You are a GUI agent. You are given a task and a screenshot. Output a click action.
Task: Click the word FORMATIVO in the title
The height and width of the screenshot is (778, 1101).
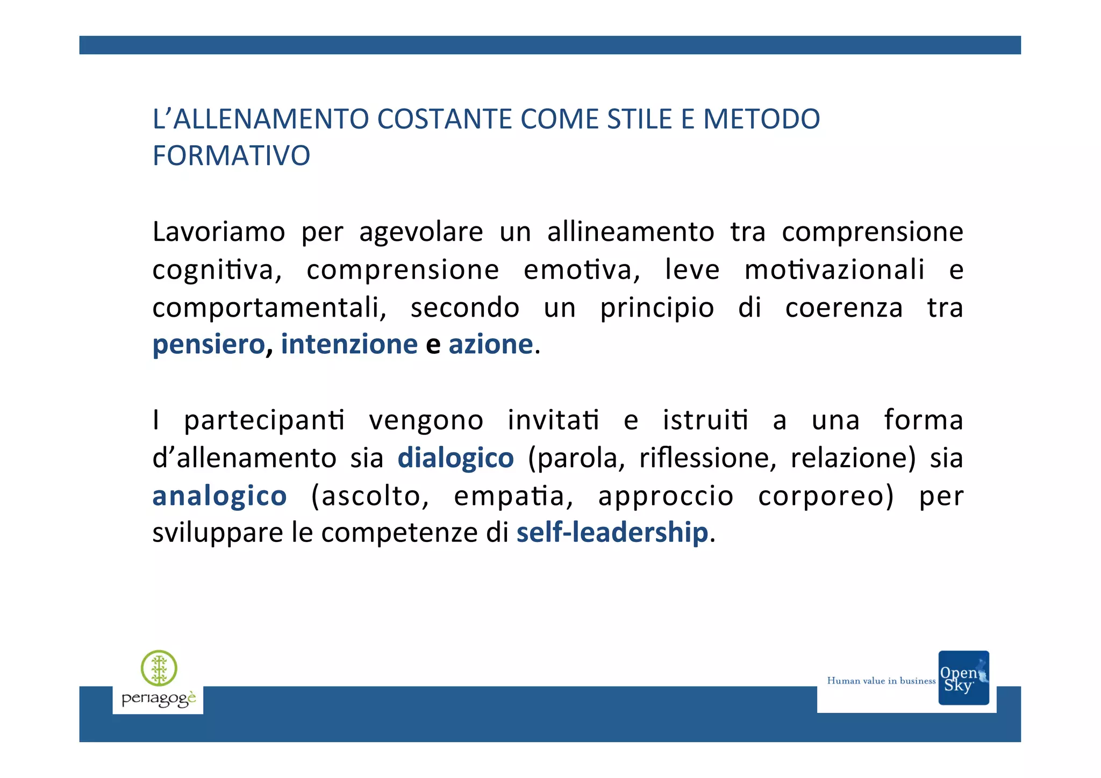(231, 156)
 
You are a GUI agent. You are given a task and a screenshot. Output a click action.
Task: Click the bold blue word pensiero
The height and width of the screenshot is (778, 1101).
(209, 345)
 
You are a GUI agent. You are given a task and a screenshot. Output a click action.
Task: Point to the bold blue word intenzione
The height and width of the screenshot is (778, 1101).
(349, 344)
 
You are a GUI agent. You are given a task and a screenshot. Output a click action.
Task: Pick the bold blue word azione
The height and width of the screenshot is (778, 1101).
(490, 344)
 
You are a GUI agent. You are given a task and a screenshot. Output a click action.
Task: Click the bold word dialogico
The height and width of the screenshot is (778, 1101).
(455, 458)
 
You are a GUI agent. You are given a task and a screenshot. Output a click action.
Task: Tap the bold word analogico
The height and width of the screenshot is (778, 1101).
(219, 496)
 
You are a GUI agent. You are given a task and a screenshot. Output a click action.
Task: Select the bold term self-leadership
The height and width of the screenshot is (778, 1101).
(612, 532)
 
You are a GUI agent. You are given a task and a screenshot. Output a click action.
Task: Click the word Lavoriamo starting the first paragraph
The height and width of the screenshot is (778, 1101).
(218, 232)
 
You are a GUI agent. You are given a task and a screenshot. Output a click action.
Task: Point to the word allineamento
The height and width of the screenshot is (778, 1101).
(630, 232)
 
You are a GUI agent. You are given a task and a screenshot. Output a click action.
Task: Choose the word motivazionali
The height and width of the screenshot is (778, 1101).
(834, 270)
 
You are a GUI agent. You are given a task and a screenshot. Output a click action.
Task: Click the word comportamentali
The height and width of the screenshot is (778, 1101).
(269, 308)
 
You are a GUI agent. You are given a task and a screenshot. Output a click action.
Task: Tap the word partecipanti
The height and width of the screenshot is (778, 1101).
(264, 421)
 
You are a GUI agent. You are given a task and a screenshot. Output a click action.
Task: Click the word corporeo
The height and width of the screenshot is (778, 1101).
(825, 496)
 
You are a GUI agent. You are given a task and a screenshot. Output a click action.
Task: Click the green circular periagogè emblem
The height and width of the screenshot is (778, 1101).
(159, 668)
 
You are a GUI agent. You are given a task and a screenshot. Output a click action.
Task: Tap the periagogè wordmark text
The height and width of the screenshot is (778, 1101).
(159, 699)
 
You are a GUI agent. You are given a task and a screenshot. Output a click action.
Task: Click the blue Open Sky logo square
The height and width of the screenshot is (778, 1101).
(963, 677)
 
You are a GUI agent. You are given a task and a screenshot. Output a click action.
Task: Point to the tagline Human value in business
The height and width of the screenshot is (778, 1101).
(881, 681)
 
